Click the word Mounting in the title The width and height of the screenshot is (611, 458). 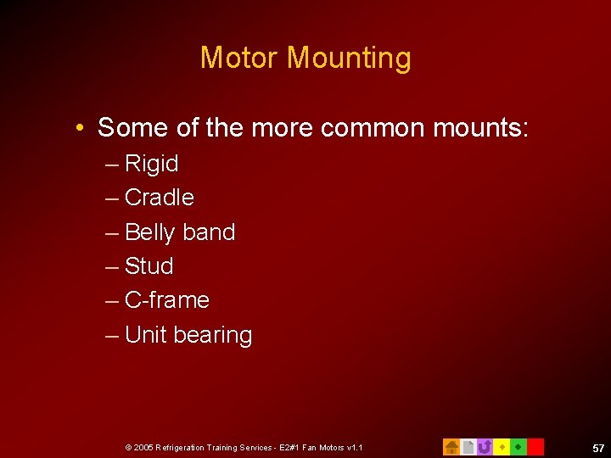click(349, 59)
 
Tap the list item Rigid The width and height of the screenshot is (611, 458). click(151, 164)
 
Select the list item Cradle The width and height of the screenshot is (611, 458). click(159, 198)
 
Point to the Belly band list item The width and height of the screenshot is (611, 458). click(179, 232)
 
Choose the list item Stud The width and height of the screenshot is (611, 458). click(149, 266)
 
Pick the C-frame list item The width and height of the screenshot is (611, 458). click(166, 300)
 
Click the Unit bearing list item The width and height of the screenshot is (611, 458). click(188, 335)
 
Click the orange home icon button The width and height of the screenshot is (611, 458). click(451, 446)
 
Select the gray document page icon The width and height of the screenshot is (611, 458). click(468, 446)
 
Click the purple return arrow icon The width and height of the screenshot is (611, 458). click(485, 446)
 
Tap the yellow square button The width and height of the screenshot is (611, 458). click(502, 446)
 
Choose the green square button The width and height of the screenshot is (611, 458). click(518, 446)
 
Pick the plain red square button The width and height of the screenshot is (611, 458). click(535, 446)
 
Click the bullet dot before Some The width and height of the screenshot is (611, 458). click(78, 128)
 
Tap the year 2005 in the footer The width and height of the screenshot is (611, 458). click(142, 447)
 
